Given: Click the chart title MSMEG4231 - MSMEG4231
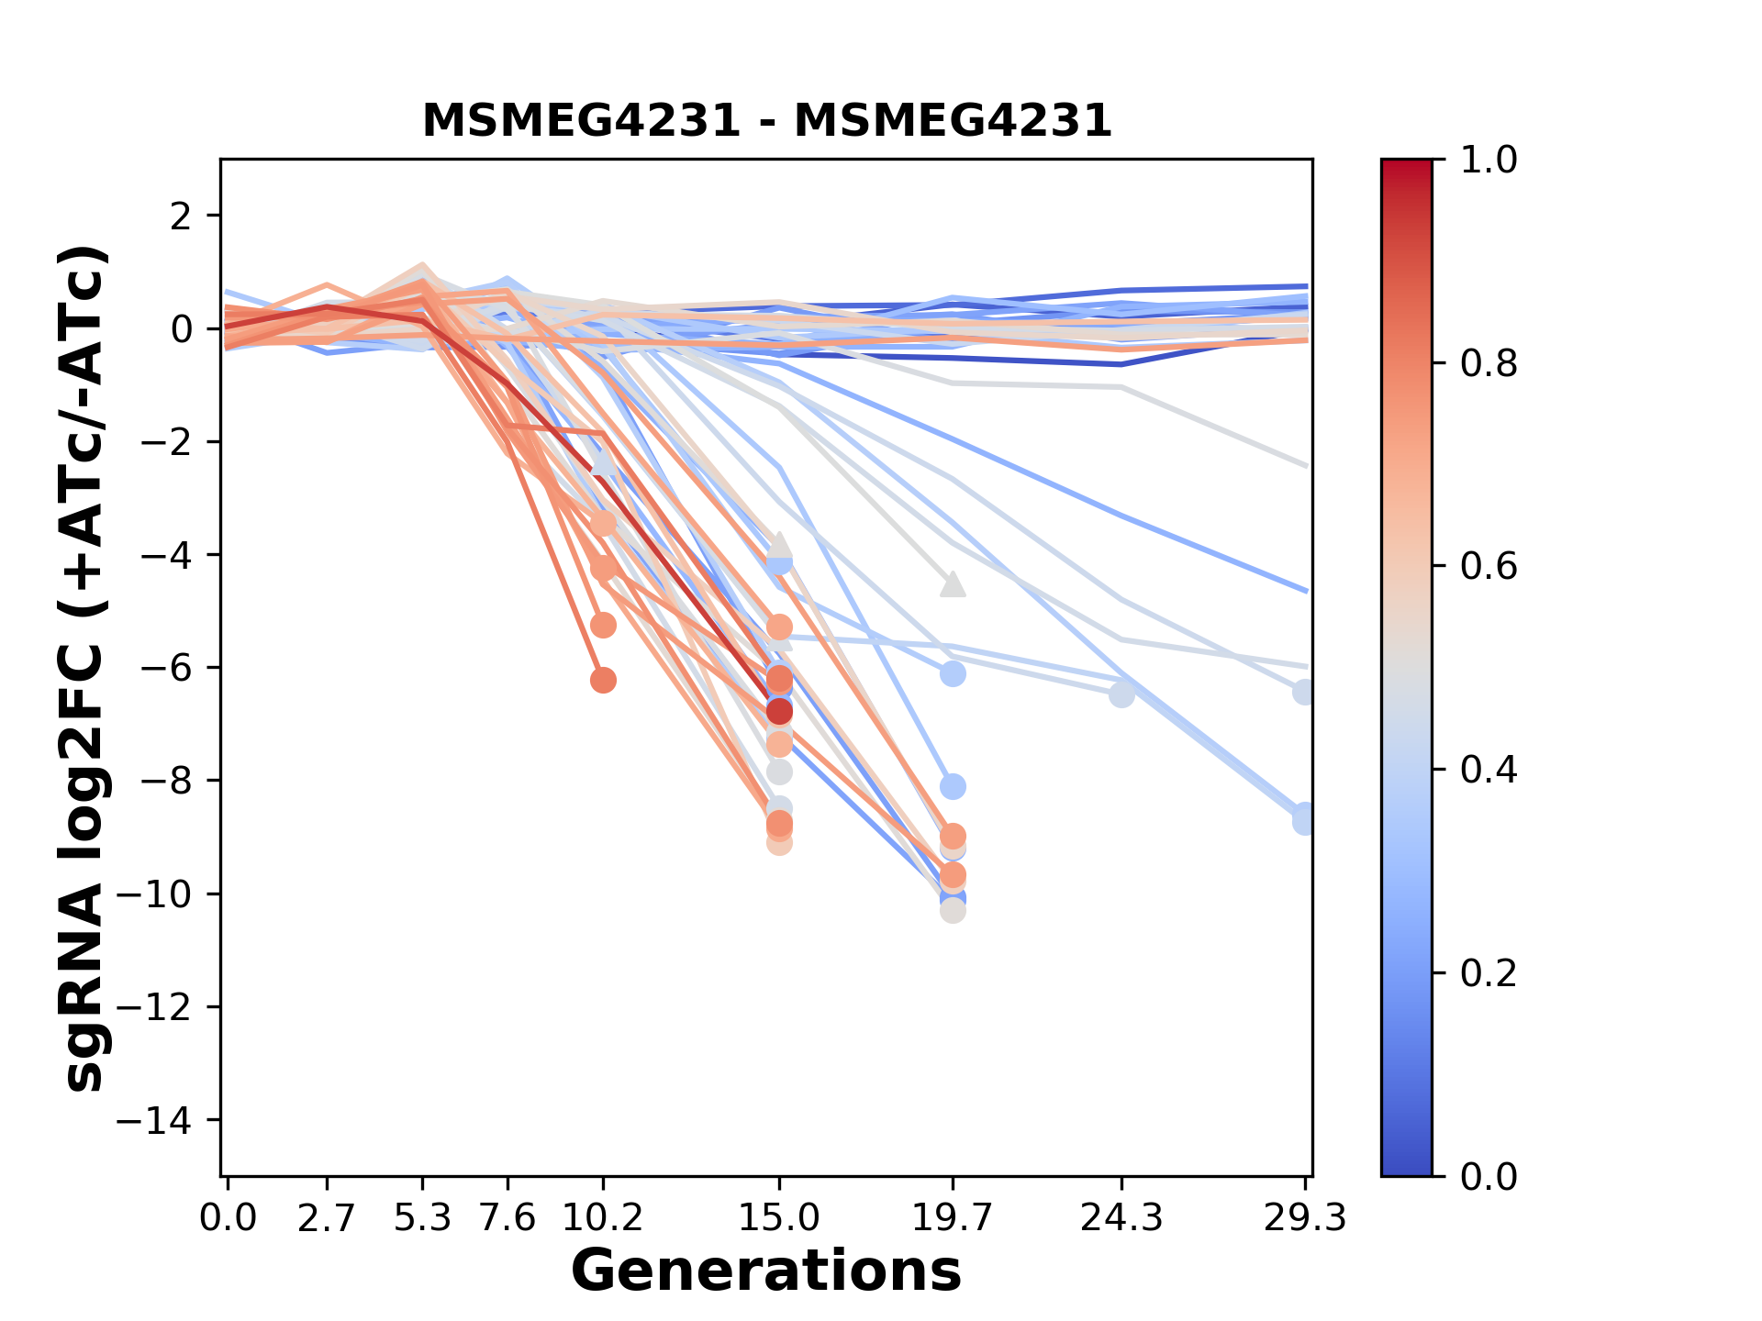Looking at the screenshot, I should [766, 121].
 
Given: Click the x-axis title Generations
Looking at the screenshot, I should [766, 1271].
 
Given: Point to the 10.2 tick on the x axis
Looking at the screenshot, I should [603, 1218].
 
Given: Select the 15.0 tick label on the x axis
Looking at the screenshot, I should [779, 1218].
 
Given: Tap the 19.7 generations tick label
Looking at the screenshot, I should [953, 1218].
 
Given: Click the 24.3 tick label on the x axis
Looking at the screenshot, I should [1121, 1218].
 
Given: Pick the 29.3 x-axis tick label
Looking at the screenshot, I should [1304, 1218].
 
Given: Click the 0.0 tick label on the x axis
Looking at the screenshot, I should [229, 1218].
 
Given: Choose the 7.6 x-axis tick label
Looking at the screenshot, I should [507, 1218].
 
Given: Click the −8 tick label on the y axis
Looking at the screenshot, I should [165, 781].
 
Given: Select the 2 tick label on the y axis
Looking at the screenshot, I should [181, 216].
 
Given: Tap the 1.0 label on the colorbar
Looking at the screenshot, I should [1489, 161].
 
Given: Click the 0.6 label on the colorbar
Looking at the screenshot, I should [1489, 567].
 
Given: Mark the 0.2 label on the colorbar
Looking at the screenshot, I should [1489, 973].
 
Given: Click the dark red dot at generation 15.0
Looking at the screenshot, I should [779, 711].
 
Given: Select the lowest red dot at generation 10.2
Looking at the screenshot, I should [603, 681].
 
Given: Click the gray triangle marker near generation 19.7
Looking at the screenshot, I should [953, 584].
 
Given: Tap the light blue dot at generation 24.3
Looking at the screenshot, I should [1121, 694].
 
